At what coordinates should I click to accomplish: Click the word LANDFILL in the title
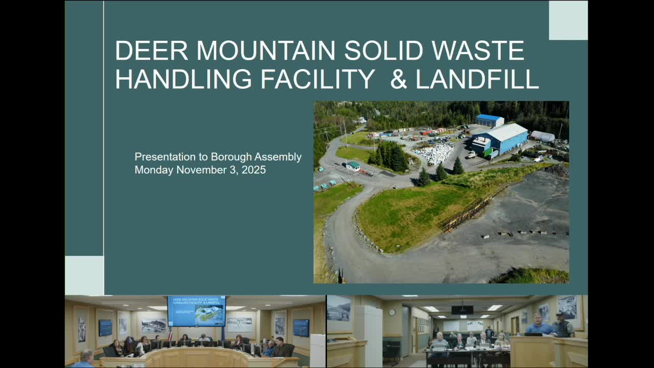pos(477,79)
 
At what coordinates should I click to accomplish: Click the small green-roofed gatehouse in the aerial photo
pos(353,166)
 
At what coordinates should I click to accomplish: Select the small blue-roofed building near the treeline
pos(489,120)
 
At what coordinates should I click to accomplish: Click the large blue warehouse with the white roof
pos(502,139)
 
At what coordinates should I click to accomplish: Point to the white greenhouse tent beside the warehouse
pos(542,136)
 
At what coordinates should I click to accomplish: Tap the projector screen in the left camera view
pos(197,311)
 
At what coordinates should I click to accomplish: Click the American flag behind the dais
pos(170,334)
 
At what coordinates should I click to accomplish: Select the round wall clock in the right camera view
pos(392,312)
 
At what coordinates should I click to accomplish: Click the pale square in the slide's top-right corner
pos(568,20)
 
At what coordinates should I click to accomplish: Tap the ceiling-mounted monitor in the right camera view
pos(462,310)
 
